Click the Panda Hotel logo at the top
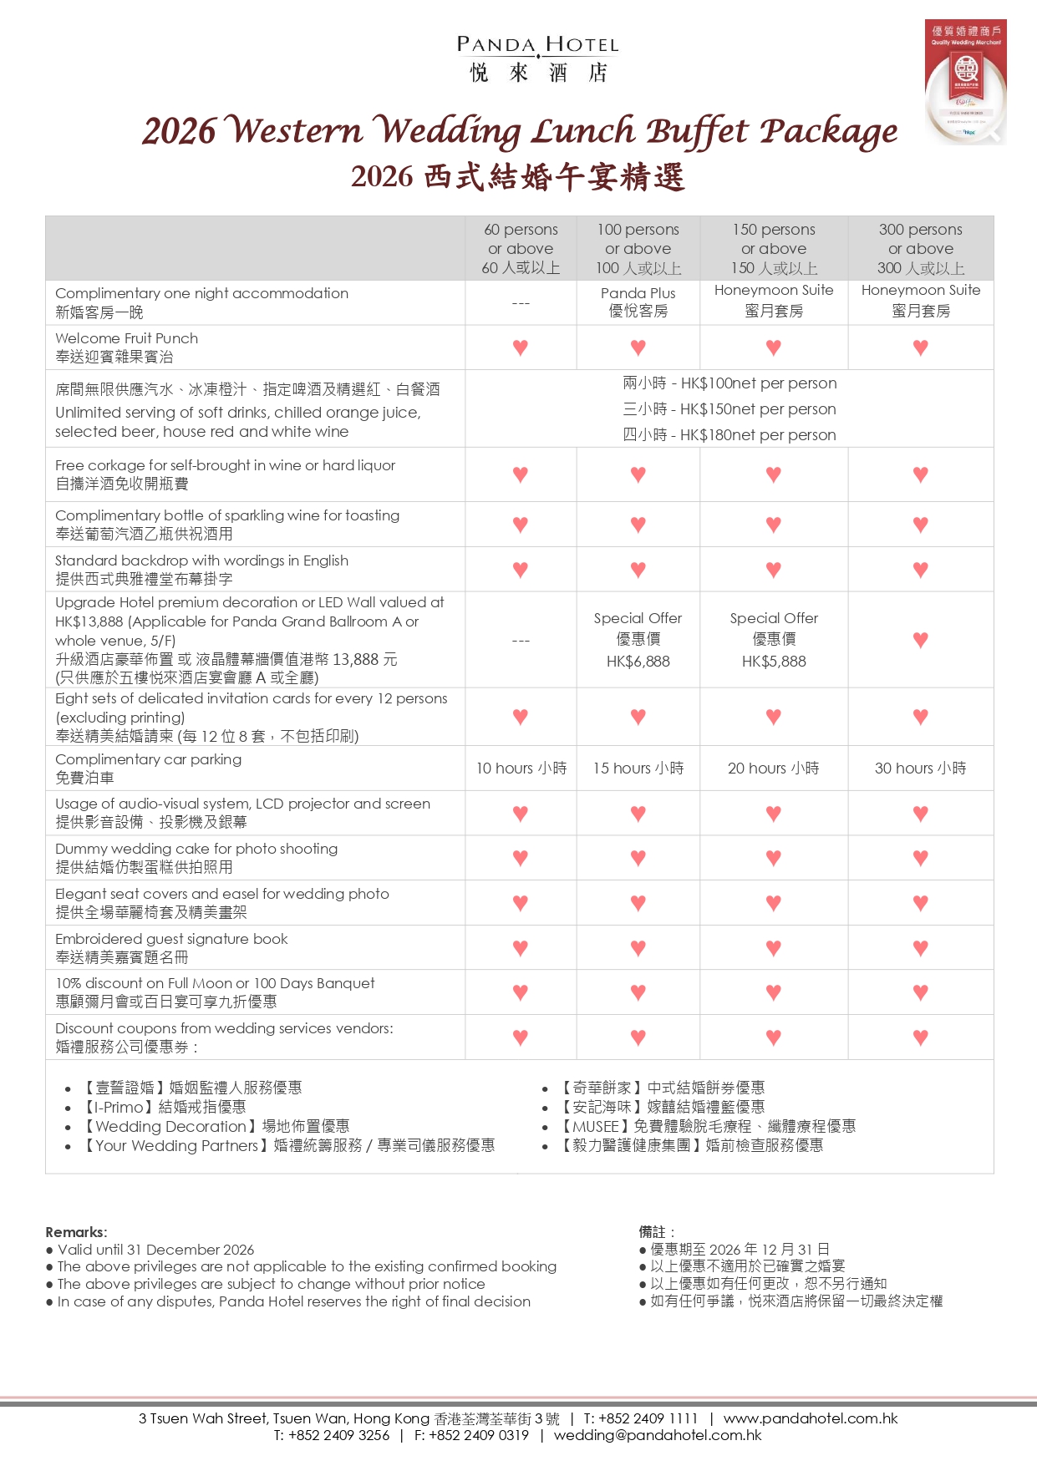pos(537,58)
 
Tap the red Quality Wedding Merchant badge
pos(965,81)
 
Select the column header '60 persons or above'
pos(521,248)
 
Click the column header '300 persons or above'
pos(920,248)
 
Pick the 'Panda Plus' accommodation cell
pos(638,302)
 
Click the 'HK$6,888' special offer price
pos(638,662)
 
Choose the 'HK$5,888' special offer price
pos(774,662)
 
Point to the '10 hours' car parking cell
pos(521,769)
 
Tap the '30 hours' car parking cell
pos(920,769)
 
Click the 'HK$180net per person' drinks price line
pos(729,435)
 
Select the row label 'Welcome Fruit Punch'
pos(127,338)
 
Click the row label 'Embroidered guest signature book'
pos(171,939)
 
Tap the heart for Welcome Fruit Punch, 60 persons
pos(521,347)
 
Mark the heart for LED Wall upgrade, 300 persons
pos(920,641)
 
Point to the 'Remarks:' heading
pos(76,1232)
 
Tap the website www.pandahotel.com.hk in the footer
pos(810,1418)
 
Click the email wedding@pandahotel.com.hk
pos(658,1435)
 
